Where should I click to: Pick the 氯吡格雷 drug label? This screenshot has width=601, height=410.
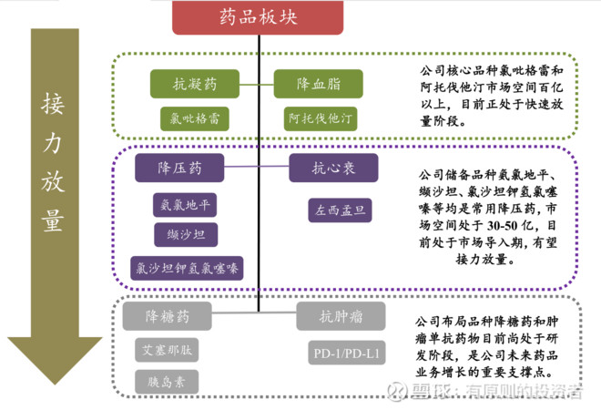194,118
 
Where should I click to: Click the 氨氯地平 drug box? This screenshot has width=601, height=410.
185,205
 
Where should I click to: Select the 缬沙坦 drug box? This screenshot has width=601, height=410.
185,236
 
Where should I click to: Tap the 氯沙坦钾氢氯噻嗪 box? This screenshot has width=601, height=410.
187,267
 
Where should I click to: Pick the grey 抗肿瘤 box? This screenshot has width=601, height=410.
341,317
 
